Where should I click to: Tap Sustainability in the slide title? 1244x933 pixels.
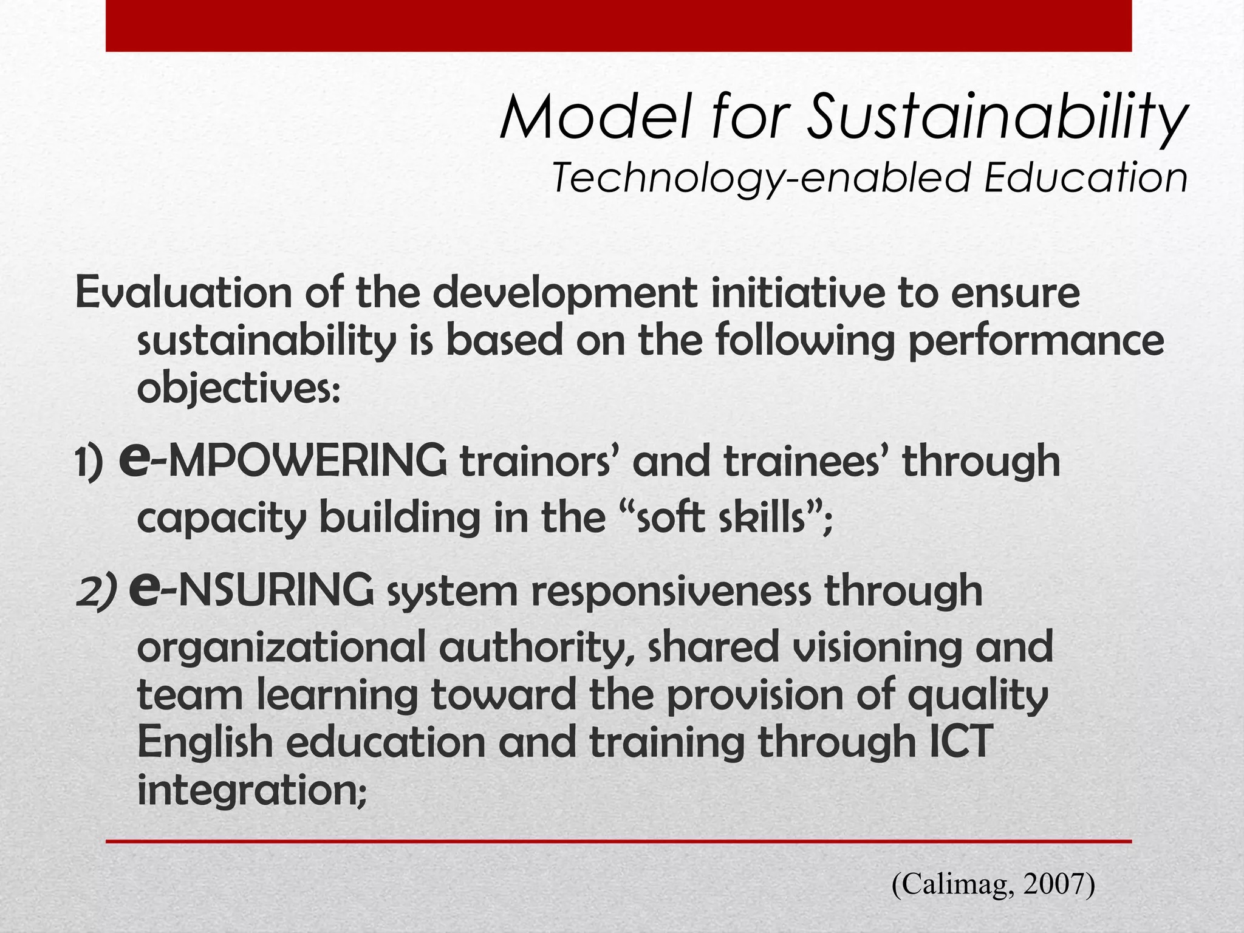tap(996, 118)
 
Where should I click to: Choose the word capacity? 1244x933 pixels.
tap(221, 519)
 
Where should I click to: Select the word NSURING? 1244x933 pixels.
tap(276, 590)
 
